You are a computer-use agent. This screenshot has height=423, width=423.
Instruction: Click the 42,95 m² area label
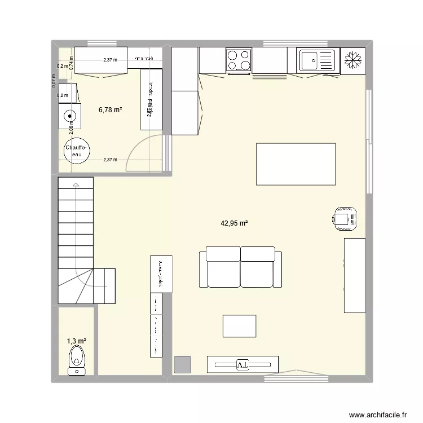(x=234, y=223)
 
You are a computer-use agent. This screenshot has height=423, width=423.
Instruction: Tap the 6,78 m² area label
(x=110, y=110)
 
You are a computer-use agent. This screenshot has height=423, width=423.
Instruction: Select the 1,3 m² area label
(x=76, y=341)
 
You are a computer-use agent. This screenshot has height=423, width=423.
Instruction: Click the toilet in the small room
(x=76, y=361)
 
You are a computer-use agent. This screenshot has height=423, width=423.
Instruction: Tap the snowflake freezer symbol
(x=353, y=60)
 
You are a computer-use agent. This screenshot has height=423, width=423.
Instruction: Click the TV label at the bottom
(x=243, y=365)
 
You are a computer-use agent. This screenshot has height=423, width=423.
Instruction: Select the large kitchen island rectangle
(x=296, y=164)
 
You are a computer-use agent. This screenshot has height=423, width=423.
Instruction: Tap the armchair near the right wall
(x=345, y=217)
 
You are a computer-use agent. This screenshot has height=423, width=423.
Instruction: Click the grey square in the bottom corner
(x=182, y=365)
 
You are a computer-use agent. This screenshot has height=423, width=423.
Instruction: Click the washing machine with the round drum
(x=70, y=117)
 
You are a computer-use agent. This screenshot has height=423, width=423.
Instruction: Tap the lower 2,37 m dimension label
(x=111, y=160)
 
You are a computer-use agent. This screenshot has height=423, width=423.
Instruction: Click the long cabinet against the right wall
(x=355, y=275)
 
